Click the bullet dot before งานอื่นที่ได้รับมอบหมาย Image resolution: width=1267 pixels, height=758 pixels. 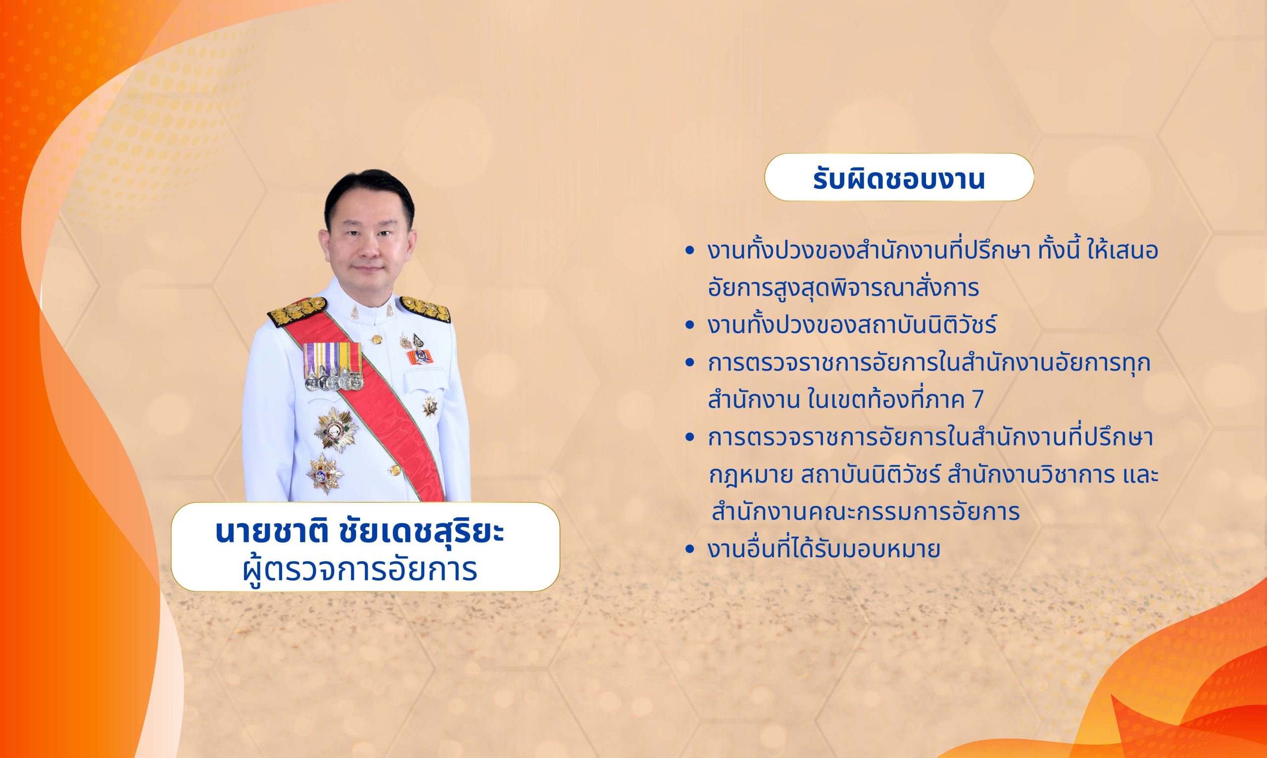(x=690, y=550)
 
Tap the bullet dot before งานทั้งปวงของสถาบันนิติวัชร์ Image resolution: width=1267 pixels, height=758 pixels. (x=690, y=325)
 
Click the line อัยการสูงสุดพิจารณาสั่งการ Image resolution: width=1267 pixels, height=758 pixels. (x=843, y=288)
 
